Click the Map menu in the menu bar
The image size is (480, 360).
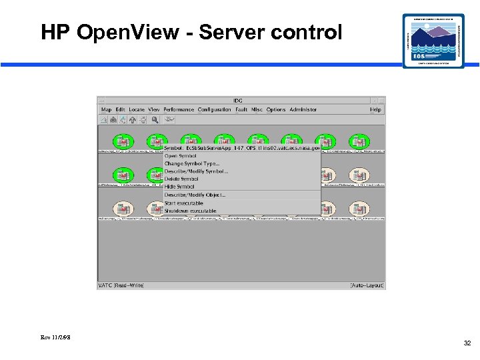[106, 109]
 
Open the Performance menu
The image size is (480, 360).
[179, 109]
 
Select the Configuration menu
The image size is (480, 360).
[214, 109]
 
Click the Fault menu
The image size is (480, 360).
[241, 109]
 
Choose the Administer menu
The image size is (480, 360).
[303, 109]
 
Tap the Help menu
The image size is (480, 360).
[376, 109]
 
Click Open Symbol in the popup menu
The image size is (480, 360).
[181, 156]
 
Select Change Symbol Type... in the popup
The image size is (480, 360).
[192, 163]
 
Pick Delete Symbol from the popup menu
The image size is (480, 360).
[181, 179]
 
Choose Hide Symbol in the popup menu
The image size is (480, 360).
[179, 187]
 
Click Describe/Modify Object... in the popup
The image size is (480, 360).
[195, 195]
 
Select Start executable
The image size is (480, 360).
[184, 203]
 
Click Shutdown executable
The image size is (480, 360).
[191, 211]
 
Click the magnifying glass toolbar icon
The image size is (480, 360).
[155, 120]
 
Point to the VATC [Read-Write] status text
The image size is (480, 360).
[121, 285]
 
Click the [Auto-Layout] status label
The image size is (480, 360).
[367, 285]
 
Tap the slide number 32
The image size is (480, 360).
[467, 343]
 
